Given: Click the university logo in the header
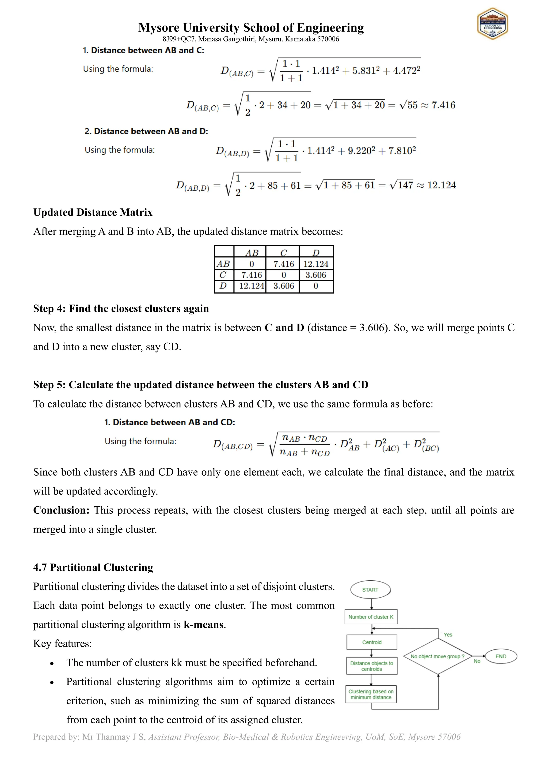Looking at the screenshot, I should tap(492, 24).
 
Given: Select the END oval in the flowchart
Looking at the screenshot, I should tap(501, 656).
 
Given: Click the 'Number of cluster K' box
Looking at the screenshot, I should tap(371, 617).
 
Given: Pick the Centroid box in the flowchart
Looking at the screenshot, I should tap(371, 642).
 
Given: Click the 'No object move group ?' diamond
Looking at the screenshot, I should tap(438, 656).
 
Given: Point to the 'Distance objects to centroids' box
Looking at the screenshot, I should tap(371, 666).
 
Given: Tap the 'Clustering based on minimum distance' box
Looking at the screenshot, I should tap(371, 694).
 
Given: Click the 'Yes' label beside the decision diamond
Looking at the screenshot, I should tap(448, 635).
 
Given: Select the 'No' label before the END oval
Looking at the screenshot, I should tap(477, 661).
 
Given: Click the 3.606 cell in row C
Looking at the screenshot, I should tap(316, 275).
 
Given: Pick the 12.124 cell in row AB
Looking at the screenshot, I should tap(316, 264).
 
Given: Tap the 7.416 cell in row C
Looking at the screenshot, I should tap(252, 275).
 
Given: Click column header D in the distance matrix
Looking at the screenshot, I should tap(316, 253).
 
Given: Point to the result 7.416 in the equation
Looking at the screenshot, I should tap(443, 105).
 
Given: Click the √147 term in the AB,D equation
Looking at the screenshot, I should tap(402, 185).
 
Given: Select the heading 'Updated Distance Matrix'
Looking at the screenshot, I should tap(93, 212).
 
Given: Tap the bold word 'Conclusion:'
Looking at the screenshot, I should tap(61, 510).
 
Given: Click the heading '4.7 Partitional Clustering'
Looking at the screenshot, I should tap(93, 567).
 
